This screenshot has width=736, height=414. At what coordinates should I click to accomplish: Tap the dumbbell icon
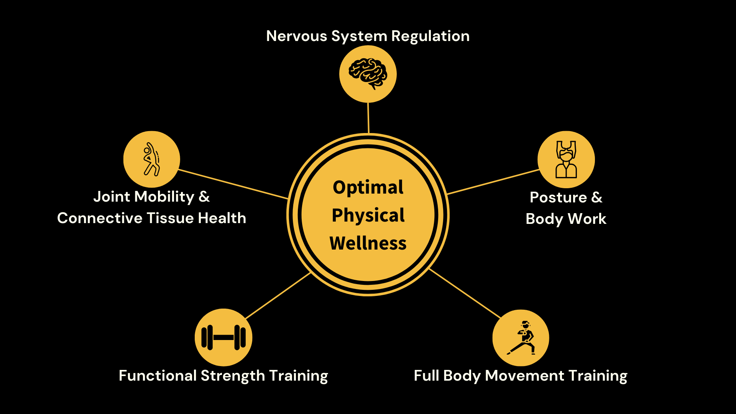223,337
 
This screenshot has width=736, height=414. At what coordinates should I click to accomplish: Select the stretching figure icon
151,159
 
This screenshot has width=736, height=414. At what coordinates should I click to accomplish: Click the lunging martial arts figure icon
521,338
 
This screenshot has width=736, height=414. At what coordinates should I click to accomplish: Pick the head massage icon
566,159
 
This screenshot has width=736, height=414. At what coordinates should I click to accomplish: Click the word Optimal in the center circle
368,187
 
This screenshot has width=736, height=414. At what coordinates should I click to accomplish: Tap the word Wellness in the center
368,243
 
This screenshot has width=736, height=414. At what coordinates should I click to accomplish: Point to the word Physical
368,215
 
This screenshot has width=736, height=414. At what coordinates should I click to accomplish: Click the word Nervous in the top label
297,36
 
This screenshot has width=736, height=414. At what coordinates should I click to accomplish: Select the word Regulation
430,36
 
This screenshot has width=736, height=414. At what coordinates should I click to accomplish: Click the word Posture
558,197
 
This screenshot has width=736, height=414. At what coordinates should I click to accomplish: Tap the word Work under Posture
587,219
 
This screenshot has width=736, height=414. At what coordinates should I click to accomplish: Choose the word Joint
112,197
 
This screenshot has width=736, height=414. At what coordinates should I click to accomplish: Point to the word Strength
233,376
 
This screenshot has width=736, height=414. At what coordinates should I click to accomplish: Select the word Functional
158,376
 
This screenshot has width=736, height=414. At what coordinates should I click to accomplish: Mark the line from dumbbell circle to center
278,296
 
